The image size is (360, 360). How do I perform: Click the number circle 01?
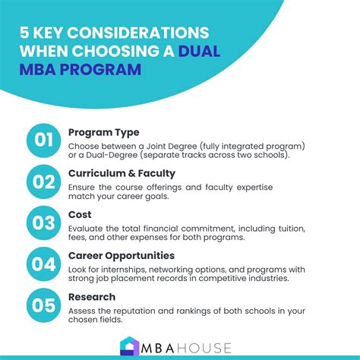click(x=44, y=141)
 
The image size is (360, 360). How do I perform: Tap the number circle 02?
click(x=44, y=182)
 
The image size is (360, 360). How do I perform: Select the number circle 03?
click(x=44, y=225)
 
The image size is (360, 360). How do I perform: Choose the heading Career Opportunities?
click(x=122, y=256)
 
